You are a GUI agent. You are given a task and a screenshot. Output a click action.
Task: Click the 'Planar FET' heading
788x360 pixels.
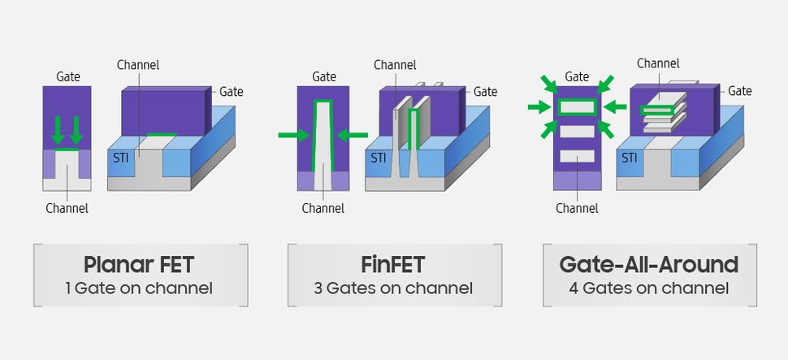(140, 265)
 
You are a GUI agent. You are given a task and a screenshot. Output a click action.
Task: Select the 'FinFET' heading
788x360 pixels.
(393, 265)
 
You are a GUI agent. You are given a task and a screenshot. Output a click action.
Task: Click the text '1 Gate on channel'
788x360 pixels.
(140, 288)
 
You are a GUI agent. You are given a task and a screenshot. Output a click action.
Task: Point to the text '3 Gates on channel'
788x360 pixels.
(393, 288)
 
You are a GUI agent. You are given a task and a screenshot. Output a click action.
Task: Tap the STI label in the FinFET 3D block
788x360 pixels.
(379, 157)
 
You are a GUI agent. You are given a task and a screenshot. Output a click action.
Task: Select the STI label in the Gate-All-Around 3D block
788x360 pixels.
(630, 157)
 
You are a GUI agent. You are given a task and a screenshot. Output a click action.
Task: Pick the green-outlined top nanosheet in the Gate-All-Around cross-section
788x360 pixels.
(577, 106)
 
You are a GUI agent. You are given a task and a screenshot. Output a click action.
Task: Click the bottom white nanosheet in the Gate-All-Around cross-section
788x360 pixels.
(577, 156)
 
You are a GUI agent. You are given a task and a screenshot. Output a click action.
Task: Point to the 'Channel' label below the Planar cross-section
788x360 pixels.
(67, 208)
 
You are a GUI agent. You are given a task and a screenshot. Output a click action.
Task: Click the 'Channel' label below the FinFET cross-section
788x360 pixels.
(323, 208)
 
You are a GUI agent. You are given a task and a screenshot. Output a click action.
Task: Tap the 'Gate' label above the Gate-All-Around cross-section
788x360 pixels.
(577, 76)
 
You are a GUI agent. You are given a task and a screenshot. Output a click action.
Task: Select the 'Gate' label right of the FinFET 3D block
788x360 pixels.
(485, 92)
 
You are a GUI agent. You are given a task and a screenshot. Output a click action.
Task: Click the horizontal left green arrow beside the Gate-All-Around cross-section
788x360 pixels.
(539, 106)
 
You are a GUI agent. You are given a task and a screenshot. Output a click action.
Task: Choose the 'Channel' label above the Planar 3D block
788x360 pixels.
(138, 64)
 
